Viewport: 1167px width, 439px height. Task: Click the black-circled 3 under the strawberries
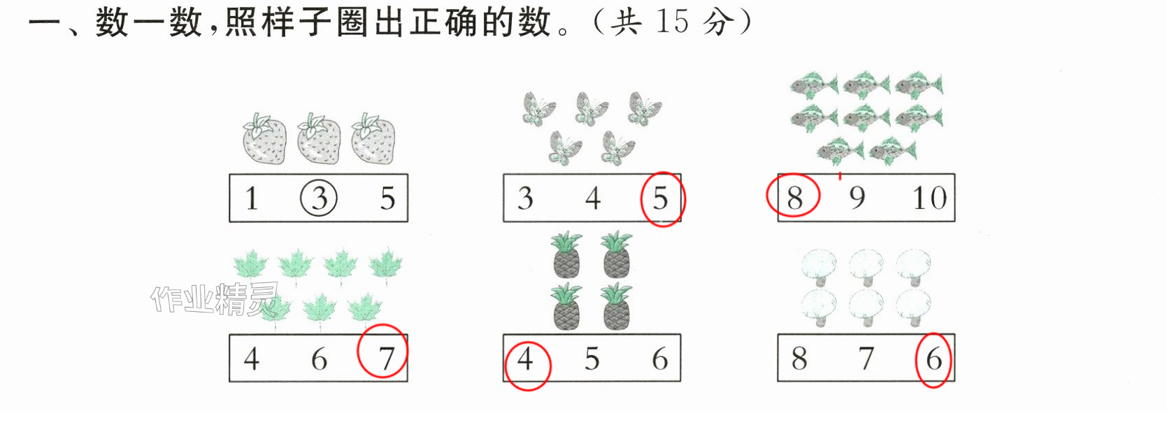click(x=319, y=198)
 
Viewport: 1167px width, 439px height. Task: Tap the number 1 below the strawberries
click(x=252, y=199)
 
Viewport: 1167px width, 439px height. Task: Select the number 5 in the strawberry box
click(x=387, y=199)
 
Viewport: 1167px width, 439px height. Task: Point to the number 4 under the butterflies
click(x=592, y=199)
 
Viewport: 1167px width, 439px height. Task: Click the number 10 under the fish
click(x=929, y=198)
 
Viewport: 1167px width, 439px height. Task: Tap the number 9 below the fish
click(x=857, y=198)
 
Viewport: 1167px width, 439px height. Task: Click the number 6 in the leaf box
click(x=319, y=359)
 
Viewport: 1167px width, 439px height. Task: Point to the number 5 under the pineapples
click(x=592, y=359)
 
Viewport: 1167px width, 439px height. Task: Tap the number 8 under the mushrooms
click(x=799, y=359)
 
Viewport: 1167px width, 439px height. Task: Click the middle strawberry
click(x=319, y=138)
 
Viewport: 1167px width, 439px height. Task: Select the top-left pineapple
click(x=567, y=254)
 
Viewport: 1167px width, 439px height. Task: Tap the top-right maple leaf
click(x=386, y=266)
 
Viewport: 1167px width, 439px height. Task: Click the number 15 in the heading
click(x=673, y=22)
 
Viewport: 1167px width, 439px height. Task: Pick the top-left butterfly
click(x=538, y=109)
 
